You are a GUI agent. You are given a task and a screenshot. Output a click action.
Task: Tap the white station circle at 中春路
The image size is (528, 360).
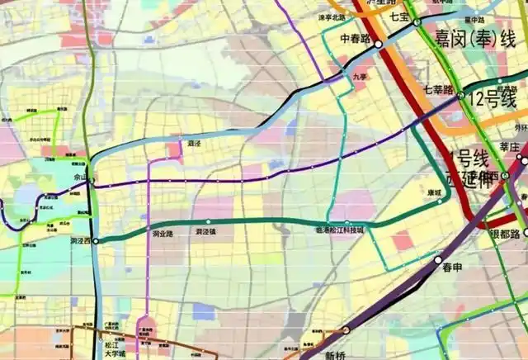[378, 44]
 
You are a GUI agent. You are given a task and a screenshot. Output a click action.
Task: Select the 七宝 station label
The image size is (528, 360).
[400, 16]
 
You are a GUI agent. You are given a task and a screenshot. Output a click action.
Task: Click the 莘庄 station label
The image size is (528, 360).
[510, 146]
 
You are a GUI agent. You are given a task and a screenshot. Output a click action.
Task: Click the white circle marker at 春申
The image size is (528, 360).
[438, 259]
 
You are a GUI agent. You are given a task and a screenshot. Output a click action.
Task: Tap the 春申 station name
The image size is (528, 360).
[451, 268]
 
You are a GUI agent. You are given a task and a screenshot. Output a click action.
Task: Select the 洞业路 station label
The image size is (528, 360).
[163, 234]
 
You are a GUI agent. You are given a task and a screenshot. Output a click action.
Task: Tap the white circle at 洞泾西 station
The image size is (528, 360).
[96, 241]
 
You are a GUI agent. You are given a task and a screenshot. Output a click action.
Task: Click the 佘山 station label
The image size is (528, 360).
[81, 177]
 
